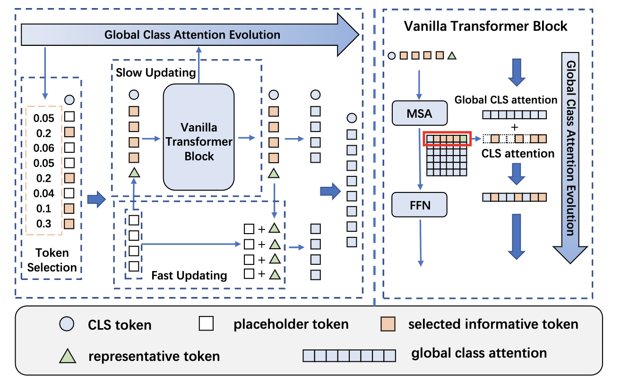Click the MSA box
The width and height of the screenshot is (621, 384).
tap(419, 113)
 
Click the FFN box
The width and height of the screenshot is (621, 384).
tap(419, 204)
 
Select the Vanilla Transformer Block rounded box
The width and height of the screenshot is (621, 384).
tap(199, 137)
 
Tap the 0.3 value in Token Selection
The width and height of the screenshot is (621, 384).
tap(43, 224)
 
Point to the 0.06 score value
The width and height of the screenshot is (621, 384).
tap(43, 148)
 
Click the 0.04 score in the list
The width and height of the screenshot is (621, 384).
tap(43, 193)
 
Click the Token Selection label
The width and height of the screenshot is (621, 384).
tap(52, 260)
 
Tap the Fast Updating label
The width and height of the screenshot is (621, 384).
tap(189, 275)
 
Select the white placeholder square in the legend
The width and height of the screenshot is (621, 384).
tap(207, 324)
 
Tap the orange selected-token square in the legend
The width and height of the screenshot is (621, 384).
tap(388, 324)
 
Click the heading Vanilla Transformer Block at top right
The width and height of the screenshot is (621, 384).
tap(485, 26)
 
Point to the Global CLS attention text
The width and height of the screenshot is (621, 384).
tap(506, 100)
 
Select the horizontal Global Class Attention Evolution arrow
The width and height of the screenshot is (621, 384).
tap(189, 35)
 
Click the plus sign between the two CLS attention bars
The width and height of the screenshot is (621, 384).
tap(514, 127)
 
